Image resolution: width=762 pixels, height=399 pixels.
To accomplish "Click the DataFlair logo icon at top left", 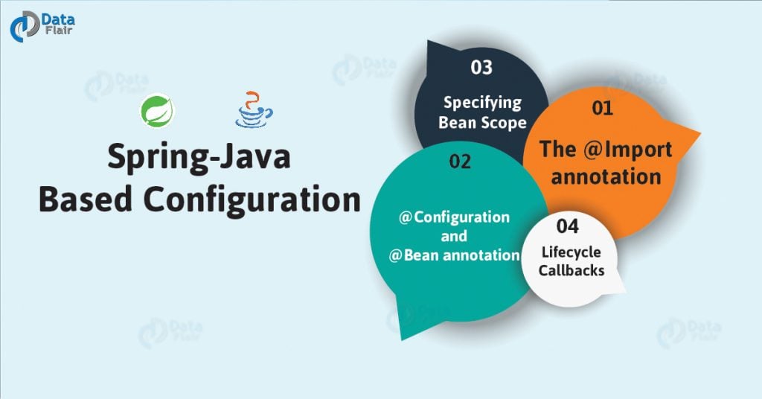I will tap(23, 27).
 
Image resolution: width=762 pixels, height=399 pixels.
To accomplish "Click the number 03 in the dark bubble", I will tap(481, 68).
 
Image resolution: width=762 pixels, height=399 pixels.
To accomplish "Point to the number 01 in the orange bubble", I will tap(601, 108).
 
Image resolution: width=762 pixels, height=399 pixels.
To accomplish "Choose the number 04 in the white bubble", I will tap(567, 224).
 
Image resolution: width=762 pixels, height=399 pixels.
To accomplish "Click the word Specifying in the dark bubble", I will tap(482, 103).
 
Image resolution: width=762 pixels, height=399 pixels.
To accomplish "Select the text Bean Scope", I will tap(482, 122).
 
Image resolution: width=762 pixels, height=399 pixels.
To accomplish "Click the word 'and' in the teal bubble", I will tap(453, 236).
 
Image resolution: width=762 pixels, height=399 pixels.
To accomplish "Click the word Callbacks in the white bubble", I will tap(571, 269).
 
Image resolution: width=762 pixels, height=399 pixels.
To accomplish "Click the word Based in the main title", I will tap(85, 200).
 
